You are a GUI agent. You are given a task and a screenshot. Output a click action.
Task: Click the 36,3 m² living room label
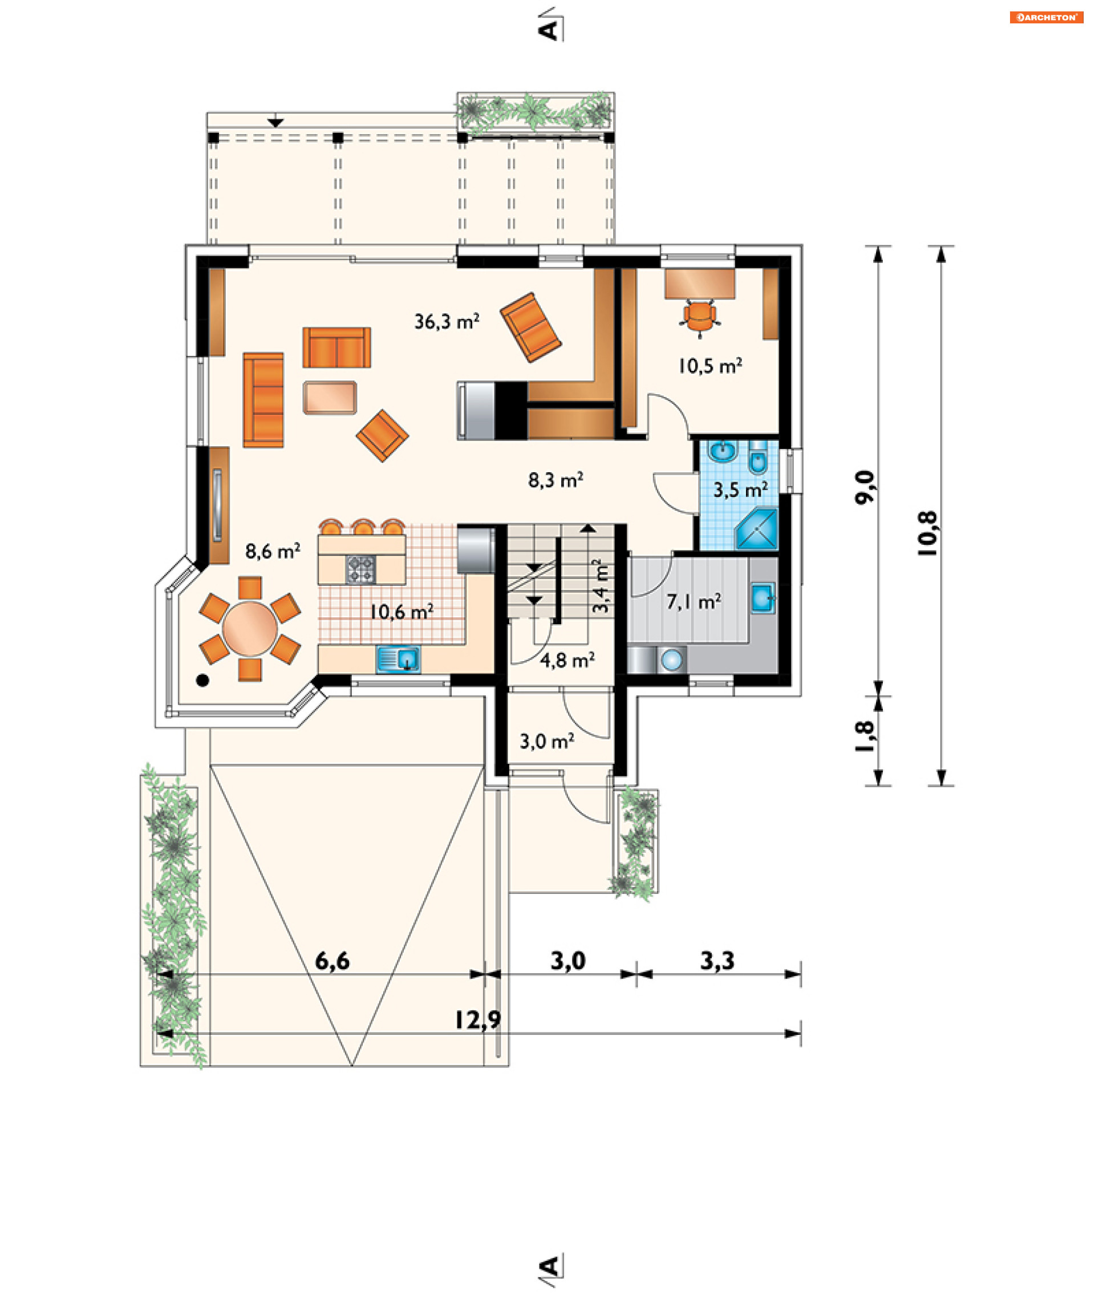tap(447, 321)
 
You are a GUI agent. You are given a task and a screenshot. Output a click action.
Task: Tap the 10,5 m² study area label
tap(710, 366)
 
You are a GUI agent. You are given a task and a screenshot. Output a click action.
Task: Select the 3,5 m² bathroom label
tap(741, 490)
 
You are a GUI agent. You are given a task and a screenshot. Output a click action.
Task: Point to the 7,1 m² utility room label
tap(694, 601)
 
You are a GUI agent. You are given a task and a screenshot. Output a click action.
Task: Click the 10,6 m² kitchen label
tap(401, 612)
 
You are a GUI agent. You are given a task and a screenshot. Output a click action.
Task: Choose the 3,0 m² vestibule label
tap(547, 741)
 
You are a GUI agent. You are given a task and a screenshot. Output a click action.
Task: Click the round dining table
tap(250, 628)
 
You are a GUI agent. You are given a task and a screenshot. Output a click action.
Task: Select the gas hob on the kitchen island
tap(360, 569)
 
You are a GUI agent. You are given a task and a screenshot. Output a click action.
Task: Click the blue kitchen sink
tap(399, 659)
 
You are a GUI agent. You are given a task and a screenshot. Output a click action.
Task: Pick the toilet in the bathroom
tap(758, 458)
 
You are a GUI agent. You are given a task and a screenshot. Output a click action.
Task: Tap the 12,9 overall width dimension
tap(477, 1020)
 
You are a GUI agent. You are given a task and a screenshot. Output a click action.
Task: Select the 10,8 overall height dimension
tap(927, 533)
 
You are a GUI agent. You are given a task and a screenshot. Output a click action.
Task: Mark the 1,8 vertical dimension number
tap(864, 736)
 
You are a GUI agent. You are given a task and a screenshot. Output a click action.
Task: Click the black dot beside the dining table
tap(202, 681)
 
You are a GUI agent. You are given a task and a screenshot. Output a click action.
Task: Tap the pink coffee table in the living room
tap(330, 397)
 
